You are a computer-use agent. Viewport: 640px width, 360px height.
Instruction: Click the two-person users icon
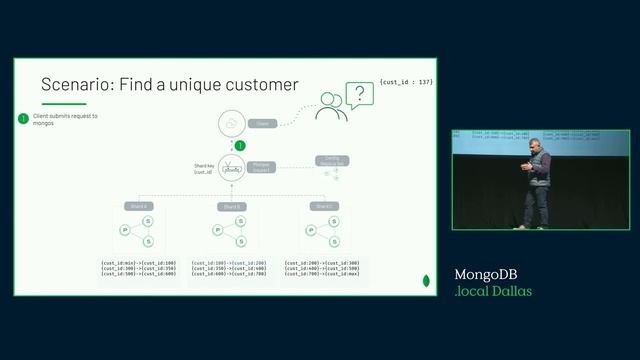[330, 106]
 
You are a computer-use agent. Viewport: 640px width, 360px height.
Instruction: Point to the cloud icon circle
[232, 123]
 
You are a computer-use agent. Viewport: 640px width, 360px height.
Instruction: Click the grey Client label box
[263, 123]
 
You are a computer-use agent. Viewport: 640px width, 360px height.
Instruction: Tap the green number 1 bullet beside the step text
[23, 119]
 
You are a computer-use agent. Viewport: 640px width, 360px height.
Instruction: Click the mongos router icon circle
[232, 168]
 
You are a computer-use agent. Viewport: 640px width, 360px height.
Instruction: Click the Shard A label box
[138, 206]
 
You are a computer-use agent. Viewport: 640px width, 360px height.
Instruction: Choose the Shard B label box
[231, 206]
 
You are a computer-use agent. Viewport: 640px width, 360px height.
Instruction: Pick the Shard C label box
[323, 206]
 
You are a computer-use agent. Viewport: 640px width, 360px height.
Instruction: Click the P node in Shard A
[125, 230]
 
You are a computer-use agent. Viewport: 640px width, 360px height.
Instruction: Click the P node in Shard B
[217, 230]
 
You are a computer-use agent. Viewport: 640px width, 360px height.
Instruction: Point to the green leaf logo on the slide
[427, 281]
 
